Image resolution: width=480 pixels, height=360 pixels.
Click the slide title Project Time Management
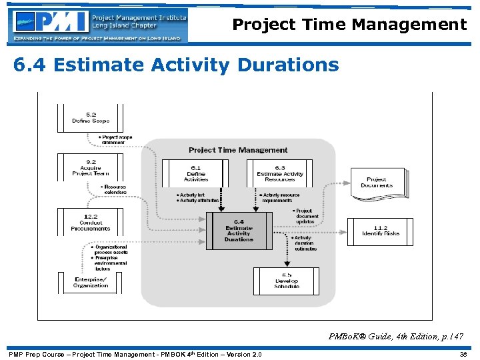(x=349, y=25)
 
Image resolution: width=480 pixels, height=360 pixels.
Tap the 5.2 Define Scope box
(x=91, y=118)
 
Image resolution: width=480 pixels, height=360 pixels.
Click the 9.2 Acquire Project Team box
(x=91, y=167)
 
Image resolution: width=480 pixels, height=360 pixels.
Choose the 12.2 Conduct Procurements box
(x=91, y=223)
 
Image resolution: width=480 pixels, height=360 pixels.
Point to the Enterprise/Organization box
(x=91, y=281)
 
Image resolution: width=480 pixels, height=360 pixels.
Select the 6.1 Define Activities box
(x=196, y=173)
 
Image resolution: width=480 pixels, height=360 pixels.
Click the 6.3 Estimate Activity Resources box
(x=280, y=173)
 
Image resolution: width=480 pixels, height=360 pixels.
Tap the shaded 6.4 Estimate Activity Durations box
(x=239, y=231)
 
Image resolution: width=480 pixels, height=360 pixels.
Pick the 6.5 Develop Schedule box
(x=286, y=281)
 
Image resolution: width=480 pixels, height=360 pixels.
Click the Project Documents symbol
(x=376, y=182)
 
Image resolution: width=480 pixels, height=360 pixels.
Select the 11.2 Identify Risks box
(x=381, y=231)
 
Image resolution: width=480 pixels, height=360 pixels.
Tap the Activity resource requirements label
(x=280, y=197)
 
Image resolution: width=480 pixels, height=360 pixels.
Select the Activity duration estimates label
(x=304, y=243)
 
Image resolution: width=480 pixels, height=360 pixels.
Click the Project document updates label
(x=307, y=216)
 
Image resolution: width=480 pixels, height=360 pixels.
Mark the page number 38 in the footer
(x=463, y=354)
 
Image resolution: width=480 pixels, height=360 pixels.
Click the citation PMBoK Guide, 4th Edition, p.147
(x=396, y=337)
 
